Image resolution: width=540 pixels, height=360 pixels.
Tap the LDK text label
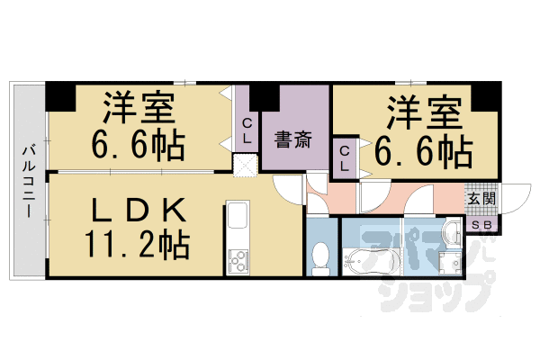pos(135,211)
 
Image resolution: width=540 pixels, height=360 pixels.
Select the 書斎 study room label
pos(292,139)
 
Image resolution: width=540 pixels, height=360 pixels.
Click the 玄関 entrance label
pos(477,199)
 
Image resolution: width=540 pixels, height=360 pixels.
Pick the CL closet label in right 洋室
pos(345,158)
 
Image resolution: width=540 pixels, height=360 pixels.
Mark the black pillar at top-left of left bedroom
pos(59,93)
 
